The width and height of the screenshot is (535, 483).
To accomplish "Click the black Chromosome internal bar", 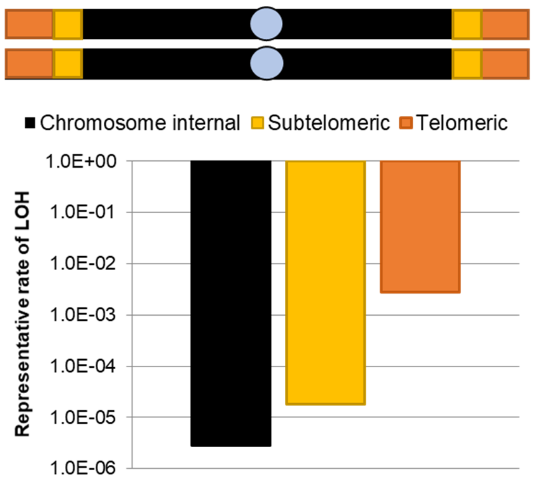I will [x=231, y=304].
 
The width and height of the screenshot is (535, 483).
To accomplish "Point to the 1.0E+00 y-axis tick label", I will [x=81, y=162].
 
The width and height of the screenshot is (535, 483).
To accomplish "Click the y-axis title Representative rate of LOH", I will [x=22, y=314].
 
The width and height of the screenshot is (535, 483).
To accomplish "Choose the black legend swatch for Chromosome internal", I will [x=30, y=123].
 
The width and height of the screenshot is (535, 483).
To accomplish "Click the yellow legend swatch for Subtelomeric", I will [x=257, y=123].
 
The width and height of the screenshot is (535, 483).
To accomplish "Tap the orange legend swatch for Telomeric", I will [x=406, y=123].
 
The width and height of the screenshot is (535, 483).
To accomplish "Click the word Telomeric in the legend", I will [x=461, y=122].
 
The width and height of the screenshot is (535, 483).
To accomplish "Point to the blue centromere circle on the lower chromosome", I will [x=266, y=63].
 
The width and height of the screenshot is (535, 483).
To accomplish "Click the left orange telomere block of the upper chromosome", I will [x=29, y=24].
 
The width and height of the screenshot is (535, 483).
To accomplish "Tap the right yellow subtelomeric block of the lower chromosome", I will [x=467, y=64].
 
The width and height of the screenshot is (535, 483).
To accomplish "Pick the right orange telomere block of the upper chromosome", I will [x=505, y=24].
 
